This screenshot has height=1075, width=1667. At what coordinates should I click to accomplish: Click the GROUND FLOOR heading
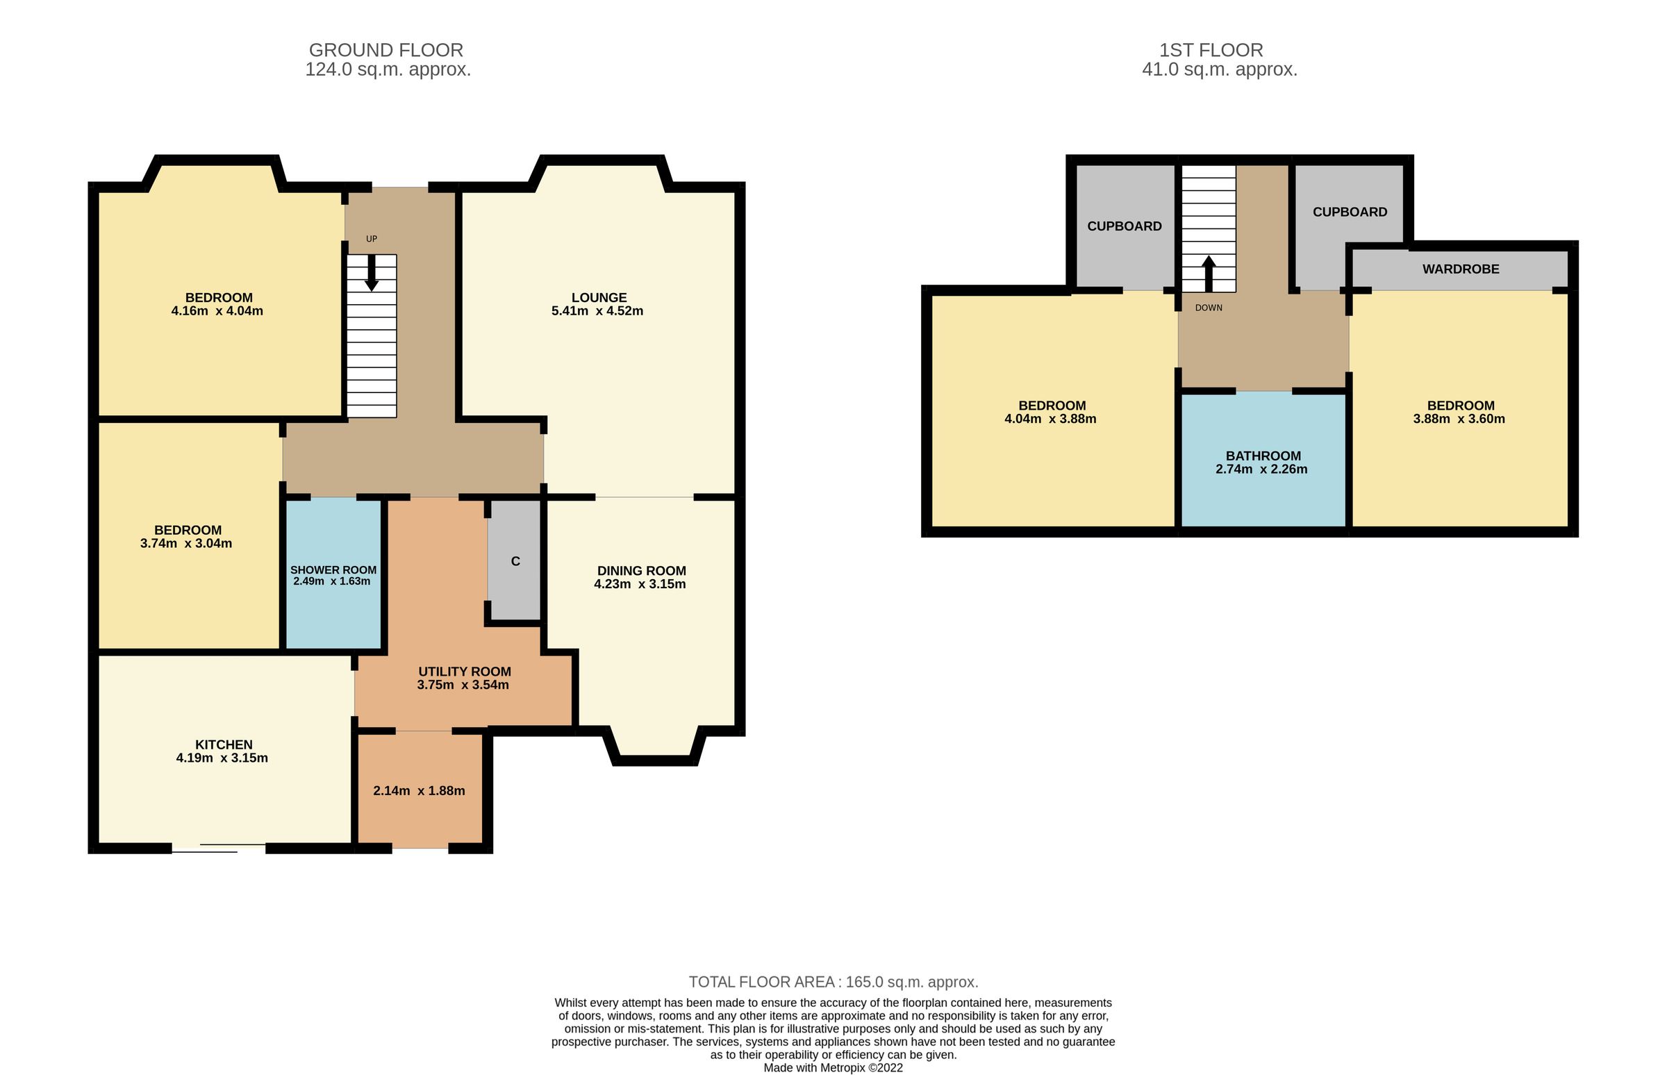385,50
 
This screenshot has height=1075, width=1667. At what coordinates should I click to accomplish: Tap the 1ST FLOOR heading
1211,50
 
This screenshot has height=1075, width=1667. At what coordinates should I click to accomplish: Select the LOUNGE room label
598,298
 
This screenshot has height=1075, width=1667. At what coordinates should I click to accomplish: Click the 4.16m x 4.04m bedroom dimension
217,311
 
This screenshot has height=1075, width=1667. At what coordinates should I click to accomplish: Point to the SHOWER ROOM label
333,570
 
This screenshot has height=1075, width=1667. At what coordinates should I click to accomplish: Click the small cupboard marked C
515,562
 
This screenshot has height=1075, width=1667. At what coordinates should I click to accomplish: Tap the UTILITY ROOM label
464,672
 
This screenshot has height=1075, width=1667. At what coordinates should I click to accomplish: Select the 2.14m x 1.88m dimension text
419,791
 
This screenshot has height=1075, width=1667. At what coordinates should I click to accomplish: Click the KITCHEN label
224,745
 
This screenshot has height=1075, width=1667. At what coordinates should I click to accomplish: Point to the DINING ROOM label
641,571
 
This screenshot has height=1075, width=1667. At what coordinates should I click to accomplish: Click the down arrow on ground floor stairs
372,274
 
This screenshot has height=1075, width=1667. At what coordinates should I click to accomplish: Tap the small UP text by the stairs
372,239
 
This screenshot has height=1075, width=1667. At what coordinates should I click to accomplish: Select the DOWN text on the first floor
1209,308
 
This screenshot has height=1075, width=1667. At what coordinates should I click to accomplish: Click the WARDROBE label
1461,269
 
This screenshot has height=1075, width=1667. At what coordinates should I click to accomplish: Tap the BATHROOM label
1263,456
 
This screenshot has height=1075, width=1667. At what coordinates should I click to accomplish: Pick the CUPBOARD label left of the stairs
1124,226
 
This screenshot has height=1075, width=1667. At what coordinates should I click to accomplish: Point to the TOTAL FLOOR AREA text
833,982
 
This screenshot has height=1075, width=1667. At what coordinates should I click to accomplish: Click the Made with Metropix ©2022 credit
833,1068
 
